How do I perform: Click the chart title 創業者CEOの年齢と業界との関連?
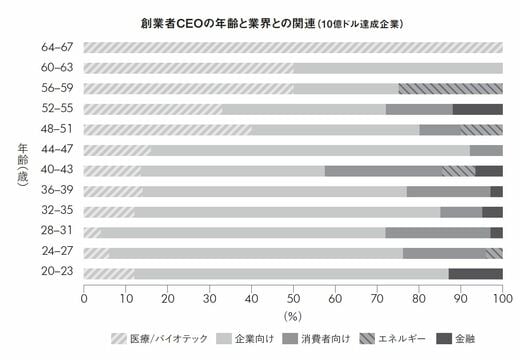point(227,24)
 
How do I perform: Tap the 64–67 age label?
point(57,47)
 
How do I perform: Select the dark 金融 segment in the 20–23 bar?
point(476,274)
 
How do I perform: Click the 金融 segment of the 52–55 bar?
point(478,109)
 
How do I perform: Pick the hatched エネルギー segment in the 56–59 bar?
point(450,89)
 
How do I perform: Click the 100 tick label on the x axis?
point(502,298)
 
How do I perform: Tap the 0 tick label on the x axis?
point(84,298)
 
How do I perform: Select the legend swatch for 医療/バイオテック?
point(119,339)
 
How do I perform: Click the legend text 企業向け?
point(254,339)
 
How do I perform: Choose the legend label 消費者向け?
point(326,339)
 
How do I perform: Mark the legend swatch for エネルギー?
point(367,339)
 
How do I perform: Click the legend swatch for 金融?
point(444,339)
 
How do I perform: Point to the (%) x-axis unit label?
point(293,316)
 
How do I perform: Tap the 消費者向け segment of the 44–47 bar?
point(486,150)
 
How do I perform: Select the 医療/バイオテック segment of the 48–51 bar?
point(168,130)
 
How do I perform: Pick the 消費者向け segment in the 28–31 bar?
point(438,232)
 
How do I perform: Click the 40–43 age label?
point(57,170)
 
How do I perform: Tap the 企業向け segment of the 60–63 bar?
point(398,68)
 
